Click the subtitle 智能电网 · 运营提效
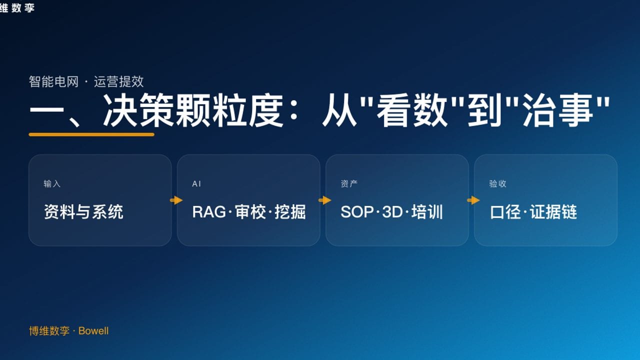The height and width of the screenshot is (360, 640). (86, 81)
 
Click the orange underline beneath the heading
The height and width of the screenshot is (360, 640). (91, 134)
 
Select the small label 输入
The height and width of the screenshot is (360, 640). (52, 184)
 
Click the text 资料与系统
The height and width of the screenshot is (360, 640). (83, 212)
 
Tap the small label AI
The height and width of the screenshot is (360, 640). (196, 184)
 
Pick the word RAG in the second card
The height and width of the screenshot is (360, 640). (208, 212)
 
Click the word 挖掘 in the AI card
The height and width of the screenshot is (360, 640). (290, 212)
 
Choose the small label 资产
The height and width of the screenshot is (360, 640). (349, 184)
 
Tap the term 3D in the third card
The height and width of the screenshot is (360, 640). (392, 212)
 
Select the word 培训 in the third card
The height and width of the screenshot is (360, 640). (427, 212)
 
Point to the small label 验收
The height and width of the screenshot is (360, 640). (497, 184)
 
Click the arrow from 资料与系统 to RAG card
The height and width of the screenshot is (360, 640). (176, 200)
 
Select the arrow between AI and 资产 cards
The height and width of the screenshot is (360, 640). (324, 200)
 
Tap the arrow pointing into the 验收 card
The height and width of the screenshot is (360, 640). (473, 200)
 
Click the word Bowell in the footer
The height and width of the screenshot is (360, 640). (93, 331)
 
